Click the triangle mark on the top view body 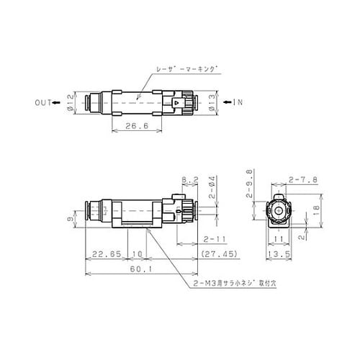[177, 104]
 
